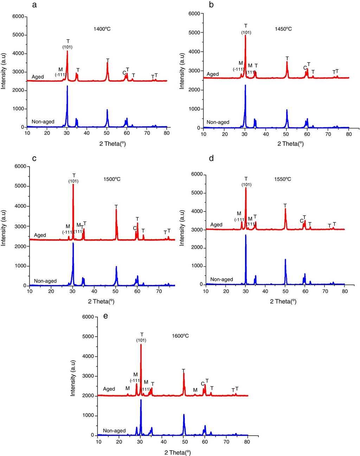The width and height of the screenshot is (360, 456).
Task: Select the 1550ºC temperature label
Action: pyautogui.click(x=283, y=179)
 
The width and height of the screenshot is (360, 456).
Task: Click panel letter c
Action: pyautogui.click(x=34, y=158)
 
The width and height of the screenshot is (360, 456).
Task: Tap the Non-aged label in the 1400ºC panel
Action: pyautogui.click(x=43, y=122)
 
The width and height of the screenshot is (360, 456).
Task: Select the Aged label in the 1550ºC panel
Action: pyautogui.click(x=217, y=225)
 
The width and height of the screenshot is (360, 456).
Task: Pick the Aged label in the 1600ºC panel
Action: pyautogui.click(x=109, y=389)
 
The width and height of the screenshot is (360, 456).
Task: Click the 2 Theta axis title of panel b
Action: pyautogui.click(x=291, y=143)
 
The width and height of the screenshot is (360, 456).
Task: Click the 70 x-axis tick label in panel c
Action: pyautogui.click(x=159, y=292)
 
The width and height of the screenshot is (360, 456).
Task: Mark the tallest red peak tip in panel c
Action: pyautogui.click(x=73, y=184)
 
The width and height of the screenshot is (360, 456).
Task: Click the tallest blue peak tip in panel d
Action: pyautogui.click(x=246, y=235)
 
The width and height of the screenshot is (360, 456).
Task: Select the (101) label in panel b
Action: pyautogui.click(x=246, y=33)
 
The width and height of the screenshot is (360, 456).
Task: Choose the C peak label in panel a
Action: pyautogui.click(x=124, y=73)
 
